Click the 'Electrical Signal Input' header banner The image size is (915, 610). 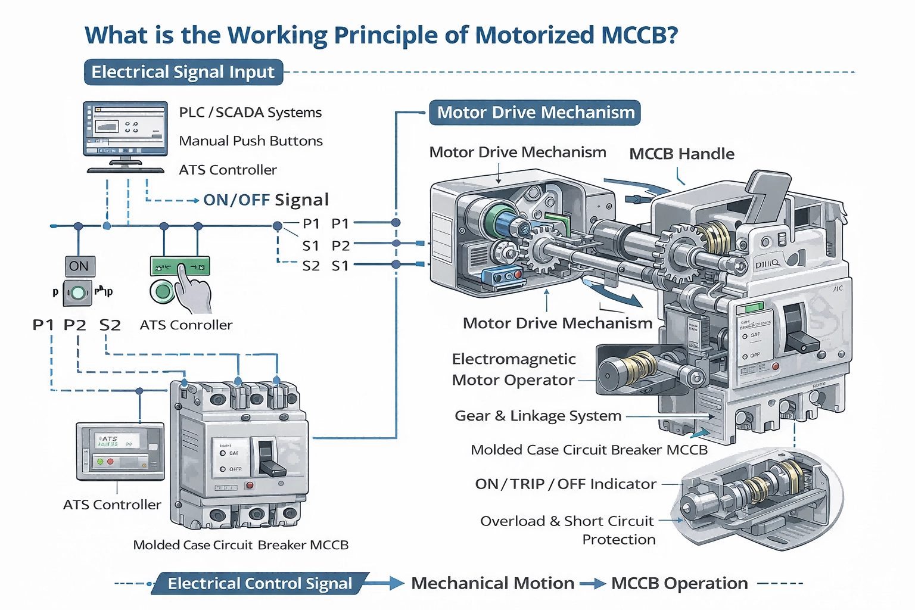click(x=183, y=72)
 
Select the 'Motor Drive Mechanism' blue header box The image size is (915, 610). click(x=535, y=113)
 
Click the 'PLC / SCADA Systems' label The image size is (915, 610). click(x=250, y=113)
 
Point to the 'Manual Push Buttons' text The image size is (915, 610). click(x=251, y=141)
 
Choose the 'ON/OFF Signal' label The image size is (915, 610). click(x=266, y=200)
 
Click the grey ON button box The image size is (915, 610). click(x=79, y=266)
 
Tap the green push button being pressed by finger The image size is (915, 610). click(x=163, y=292)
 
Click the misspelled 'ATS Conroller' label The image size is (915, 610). click(x=186, y=325)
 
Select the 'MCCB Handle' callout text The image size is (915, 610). click(x=681, y=154)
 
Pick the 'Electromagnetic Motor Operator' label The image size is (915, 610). click(x=513, y=369)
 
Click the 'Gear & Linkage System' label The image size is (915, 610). click(x=538, y=416)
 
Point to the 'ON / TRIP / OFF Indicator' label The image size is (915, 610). click(x=565, y=484)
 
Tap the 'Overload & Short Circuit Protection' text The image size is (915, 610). click(x=567, y=530)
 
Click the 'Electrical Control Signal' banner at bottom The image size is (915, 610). click(x=260, y=583)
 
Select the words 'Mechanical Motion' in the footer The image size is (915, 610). click(x=493, y=583)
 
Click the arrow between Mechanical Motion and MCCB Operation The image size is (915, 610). click(x=593, y=584)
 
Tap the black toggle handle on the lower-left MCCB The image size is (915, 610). click(x=269, y=459)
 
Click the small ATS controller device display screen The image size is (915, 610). click(x=117, y=441)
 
